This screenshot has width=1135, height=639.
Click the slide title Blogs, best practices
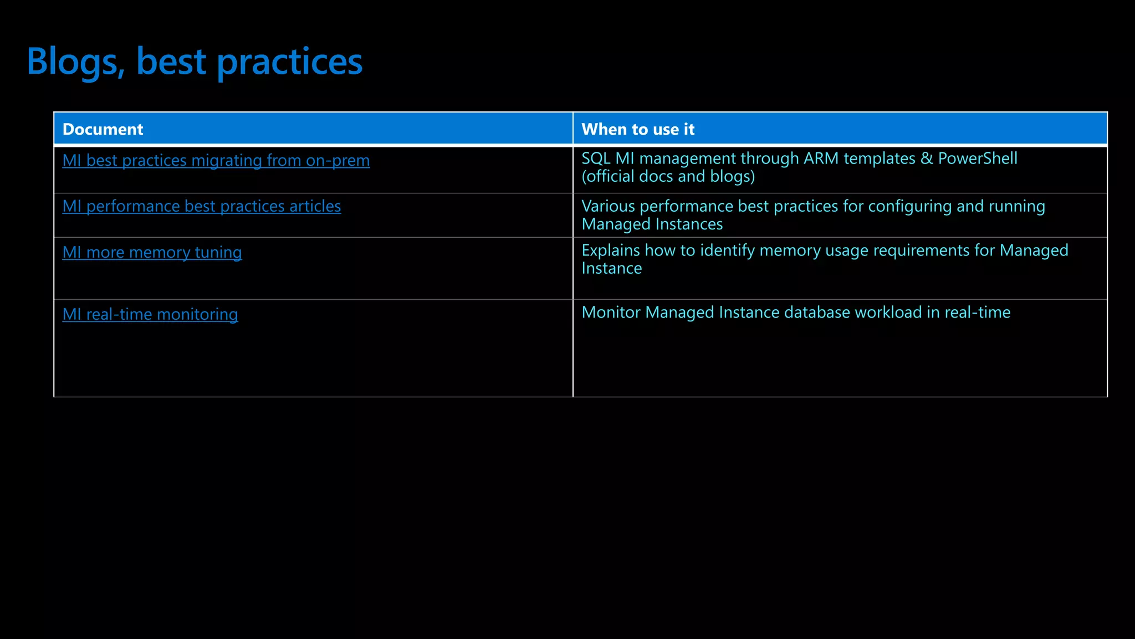pyautogui.click(x=195, y=61)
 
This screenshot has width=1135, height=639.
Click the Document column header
pyautogui.click(x=103, y=129)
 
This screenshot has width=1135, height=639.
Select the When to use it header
pyautogui.click(x=637, y=129)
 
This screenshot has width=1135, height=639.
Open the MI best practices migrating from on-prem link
pyautogui.click(x=216, y=160)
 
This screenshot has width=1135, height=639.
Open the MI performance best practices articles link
pyautogui.click(x=201, y=206)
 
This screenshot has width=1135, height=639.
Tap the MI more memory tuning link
pyautogui.click(x=152, y=252)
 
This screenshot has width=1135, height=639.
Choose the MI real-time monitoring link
pyautogui.click(x=150, y=314)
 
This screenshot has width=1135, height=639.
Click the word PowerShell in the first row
pyautogui.click(x=977, y=159)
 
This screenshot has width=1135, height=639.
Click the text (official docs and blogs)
pyautogui.click(x=668, y=176)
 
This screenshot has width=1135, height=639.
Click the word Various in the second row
pyautogui.click(x=608, y=206)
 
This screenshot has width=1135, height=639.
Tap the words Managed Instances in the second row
pyautogui.click(x=652, y=224)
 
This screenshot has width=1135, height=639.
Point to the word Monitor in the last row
pyautogui.click(x=611, y=313)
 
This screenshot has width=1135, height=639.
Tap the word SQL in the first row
pyautogui.click(x=596, y=159)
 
